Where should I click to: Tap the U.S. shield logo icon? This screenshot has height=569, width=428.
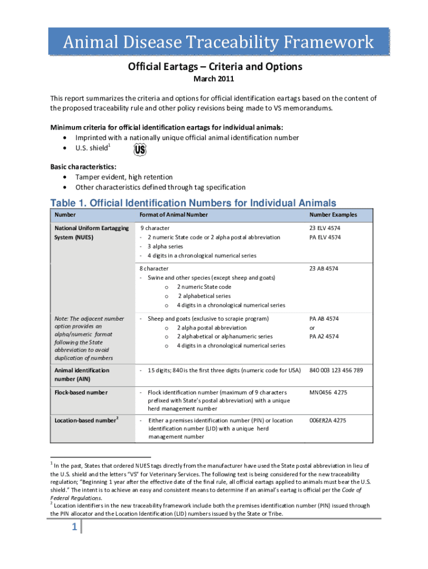pos(140,150)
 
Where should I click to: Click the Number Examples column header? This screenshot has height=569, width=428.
pos(334,215)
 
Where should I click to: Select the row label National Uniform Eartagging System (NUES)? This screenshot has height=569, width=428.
pos(91,233)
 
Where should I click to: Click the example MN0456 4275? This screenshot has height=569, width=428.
pos(329,392)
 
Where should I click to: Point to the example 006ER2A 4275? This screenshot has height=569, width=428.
pos(328,421)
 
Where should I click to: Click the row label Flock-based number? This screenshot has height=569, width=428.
pos(81,392)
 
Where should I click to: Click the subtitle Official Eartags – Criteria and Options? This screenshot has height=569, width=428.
pos(215,67)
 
